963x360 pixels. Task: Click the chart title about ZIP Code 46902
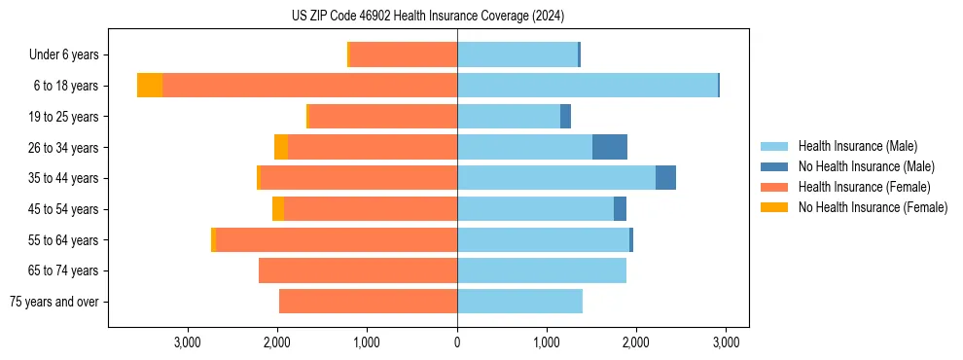coord(427,16)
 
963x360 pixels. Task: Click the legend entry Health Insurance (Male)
coord(857,146)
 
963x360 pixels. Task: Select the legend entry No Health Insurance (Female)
coord(873,207)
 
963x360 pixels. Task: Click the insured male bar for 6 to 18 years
coord(588,86)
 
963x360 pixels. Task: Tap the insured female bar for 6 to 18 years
coord(309,86)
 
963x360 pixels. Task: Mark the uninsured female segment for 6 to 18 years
coord(150,86)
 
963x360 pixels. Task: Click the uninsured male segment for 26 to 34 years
coord(610,147)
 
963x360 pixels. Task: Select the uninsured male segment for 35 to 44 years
coord(665,178)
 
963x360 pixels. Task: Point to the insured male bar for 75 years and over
coord(519,302)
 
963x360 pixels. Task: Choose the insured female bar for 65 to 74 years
coord(358,270)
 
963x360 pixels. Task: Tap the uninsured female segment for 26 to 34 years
coord(281,147)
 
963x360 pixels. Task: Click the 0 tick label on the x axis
coord(457,342)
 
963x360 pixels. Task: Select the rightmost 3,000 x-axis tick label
coord(725,342)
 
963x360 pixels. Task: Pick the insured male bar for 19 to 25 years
coord(509,117)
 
